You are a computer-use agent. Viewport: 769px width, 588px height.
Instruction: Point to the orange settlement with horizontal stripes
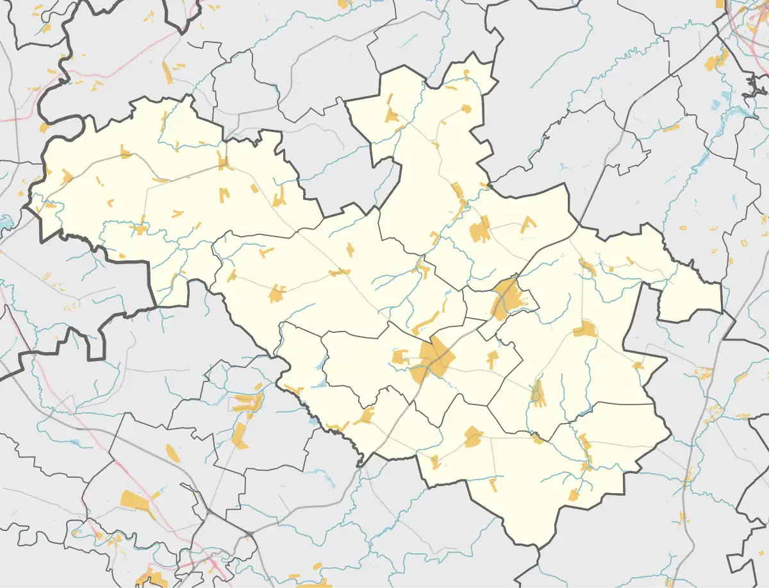pos(246,403)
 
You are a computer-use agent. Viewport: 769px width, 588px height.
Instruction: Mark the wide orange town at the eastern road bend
pos(584,330)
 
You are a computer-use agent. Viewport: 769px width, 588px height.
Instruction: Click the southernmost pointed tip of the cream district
pos(536,546)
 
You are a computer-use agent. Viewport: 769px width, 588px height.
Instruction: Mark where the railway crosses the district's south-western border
pos(363,457)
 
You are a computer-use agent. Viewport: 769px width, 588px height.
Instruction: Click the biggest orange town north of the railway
pos(479,230)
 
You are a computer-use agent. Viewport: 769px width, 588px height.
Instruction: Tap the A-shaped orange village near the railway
pos(528,224)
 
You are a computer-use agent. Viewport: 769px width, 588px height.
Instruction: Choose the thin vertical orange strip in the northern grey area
pos(167,72)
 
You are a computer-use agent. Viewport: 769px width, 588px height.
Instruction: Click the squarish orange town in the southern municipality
pos(473,437)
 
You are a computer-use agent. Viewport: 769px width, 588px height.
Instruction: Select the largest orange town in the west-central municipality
pos(277,294)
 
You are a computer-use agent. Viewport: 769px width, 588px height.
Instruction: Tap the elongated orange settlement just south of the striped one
pos(239,435)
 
